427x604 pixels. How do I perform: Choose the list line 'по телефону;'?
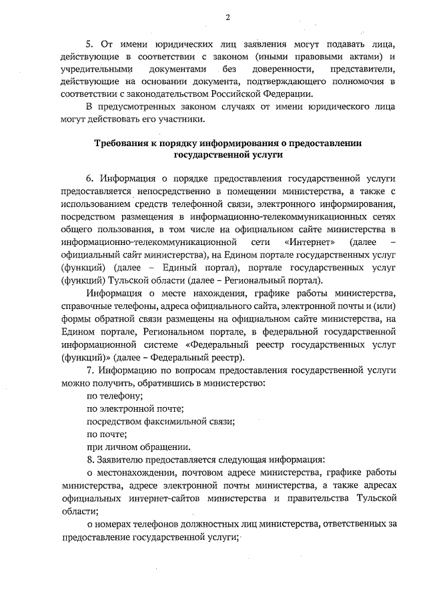(111, 396)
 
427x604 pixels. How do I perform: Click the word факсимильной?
(173, 422)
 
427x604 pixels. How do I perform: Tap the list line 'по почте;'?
(103, 434)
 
